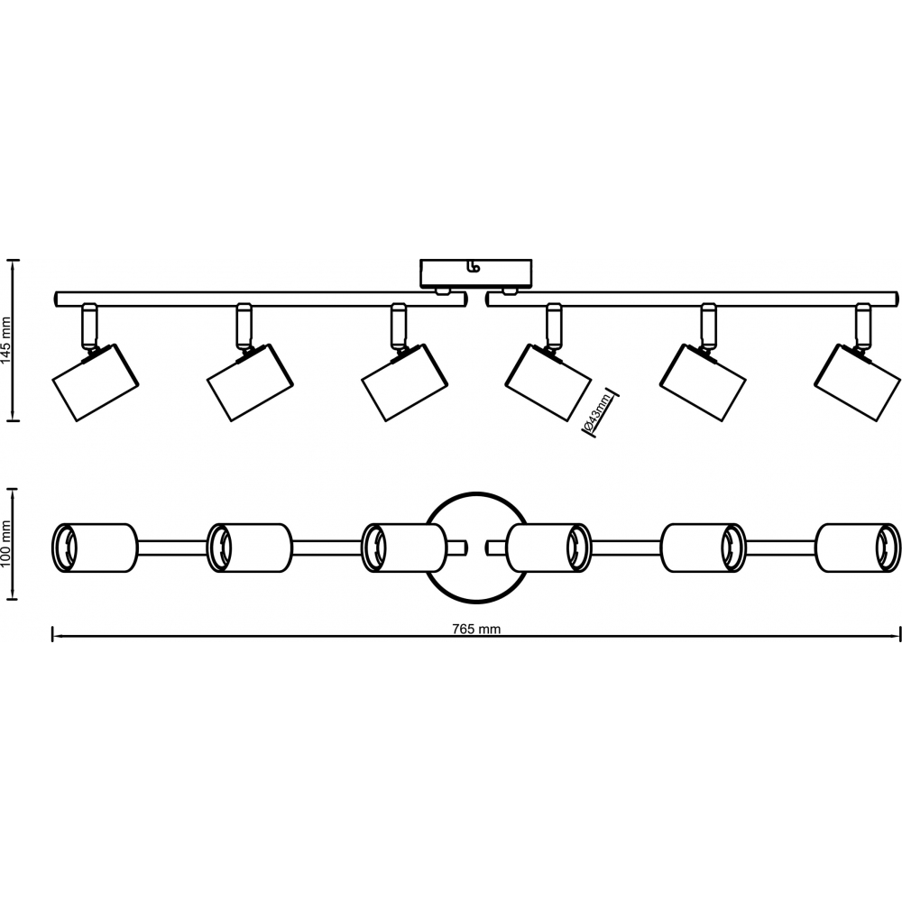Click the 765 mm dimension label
475,630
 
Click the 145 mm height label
7,340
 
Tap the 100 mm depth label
7,545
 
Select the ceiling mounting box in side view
476,272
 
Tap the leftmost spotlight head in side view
93,383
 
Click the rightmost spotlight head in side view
858,383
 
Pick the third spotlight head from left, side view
404,383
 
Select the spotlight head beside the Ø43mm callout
549,383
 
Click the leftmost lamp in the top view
94,547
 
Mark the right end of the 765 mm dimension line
899,635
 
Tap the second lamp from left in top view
248,547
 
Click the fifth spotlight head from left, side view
704,383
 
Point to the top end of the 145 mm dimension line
13,262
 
